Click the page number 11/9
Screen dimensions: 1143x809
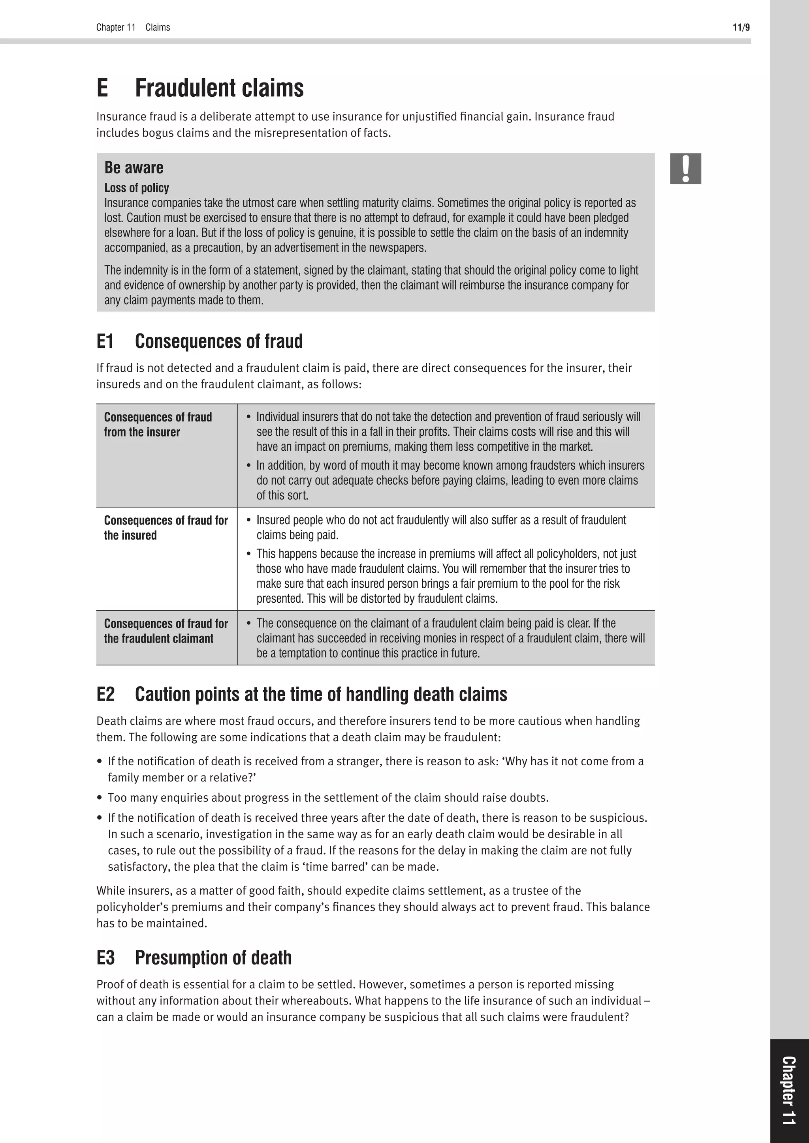tap(741, 27)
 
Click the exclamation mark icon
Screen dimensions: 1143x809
tap(685, 169)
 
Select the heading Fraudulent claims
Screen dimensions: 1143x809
tap(219, 88)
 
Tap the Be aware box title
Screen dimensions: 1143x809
tap(134, 168)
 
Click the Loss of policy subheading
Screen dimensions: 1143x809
tap(137, 188)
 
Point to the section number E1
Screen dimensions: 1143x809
tap(105, 341)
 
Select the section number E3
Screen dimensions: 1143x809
tap(105, 958)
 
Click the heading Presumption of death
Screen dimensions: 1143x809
tap(213, 958)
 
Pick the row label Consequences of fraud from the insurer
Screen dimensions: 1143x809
tap(158, 424)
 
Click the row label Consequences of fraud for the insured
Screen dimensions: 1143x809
tap(166, 528)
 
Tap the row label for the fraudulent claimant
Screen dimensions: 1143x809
tap(166, 631)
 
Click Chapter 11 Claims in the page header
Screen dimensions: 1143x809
tap(133, 27)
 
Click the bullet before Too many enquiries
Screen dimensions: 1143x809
tap(100, 798)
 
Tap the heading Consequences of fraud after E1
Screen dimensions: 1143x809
tap(219, 341)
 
